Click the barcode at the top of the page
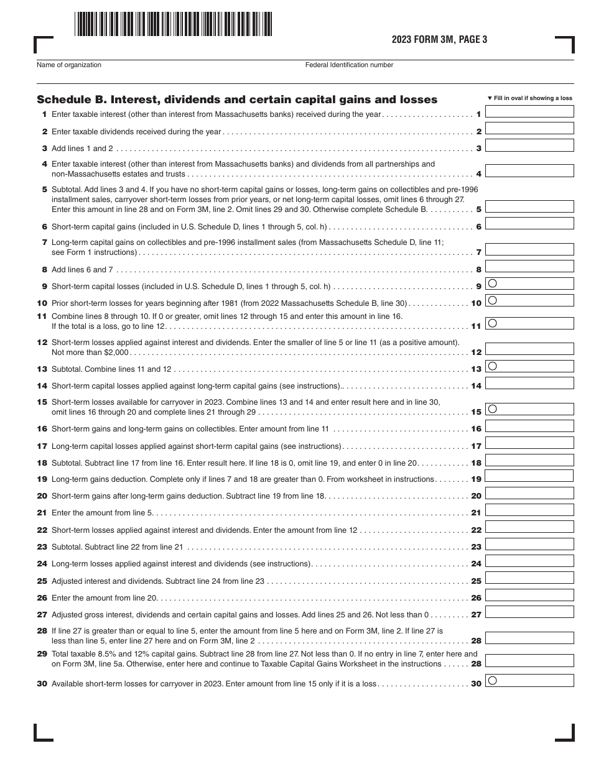coord(173,24)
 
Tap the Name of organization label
coord(69,65)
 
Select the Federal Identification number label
coord(349,65)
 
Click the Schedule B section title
coord(237,99)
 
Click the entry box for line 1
coord(529,112)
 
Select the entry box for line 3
coord(529,145)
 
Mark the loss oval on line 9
coord(492,283)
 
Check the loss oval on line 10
coord(492,300)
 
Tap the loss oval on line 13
coord(492,366)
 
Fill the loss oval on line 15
coord(492,409)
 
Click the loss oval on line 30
coord(492,681)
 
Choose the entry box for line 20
coord(529,493)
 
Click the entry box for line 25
coord(529,578)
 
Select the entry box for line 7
coord(529,249)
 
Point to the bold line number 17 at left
coord(42,446)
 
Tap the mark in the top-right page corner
coord(565,45)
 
